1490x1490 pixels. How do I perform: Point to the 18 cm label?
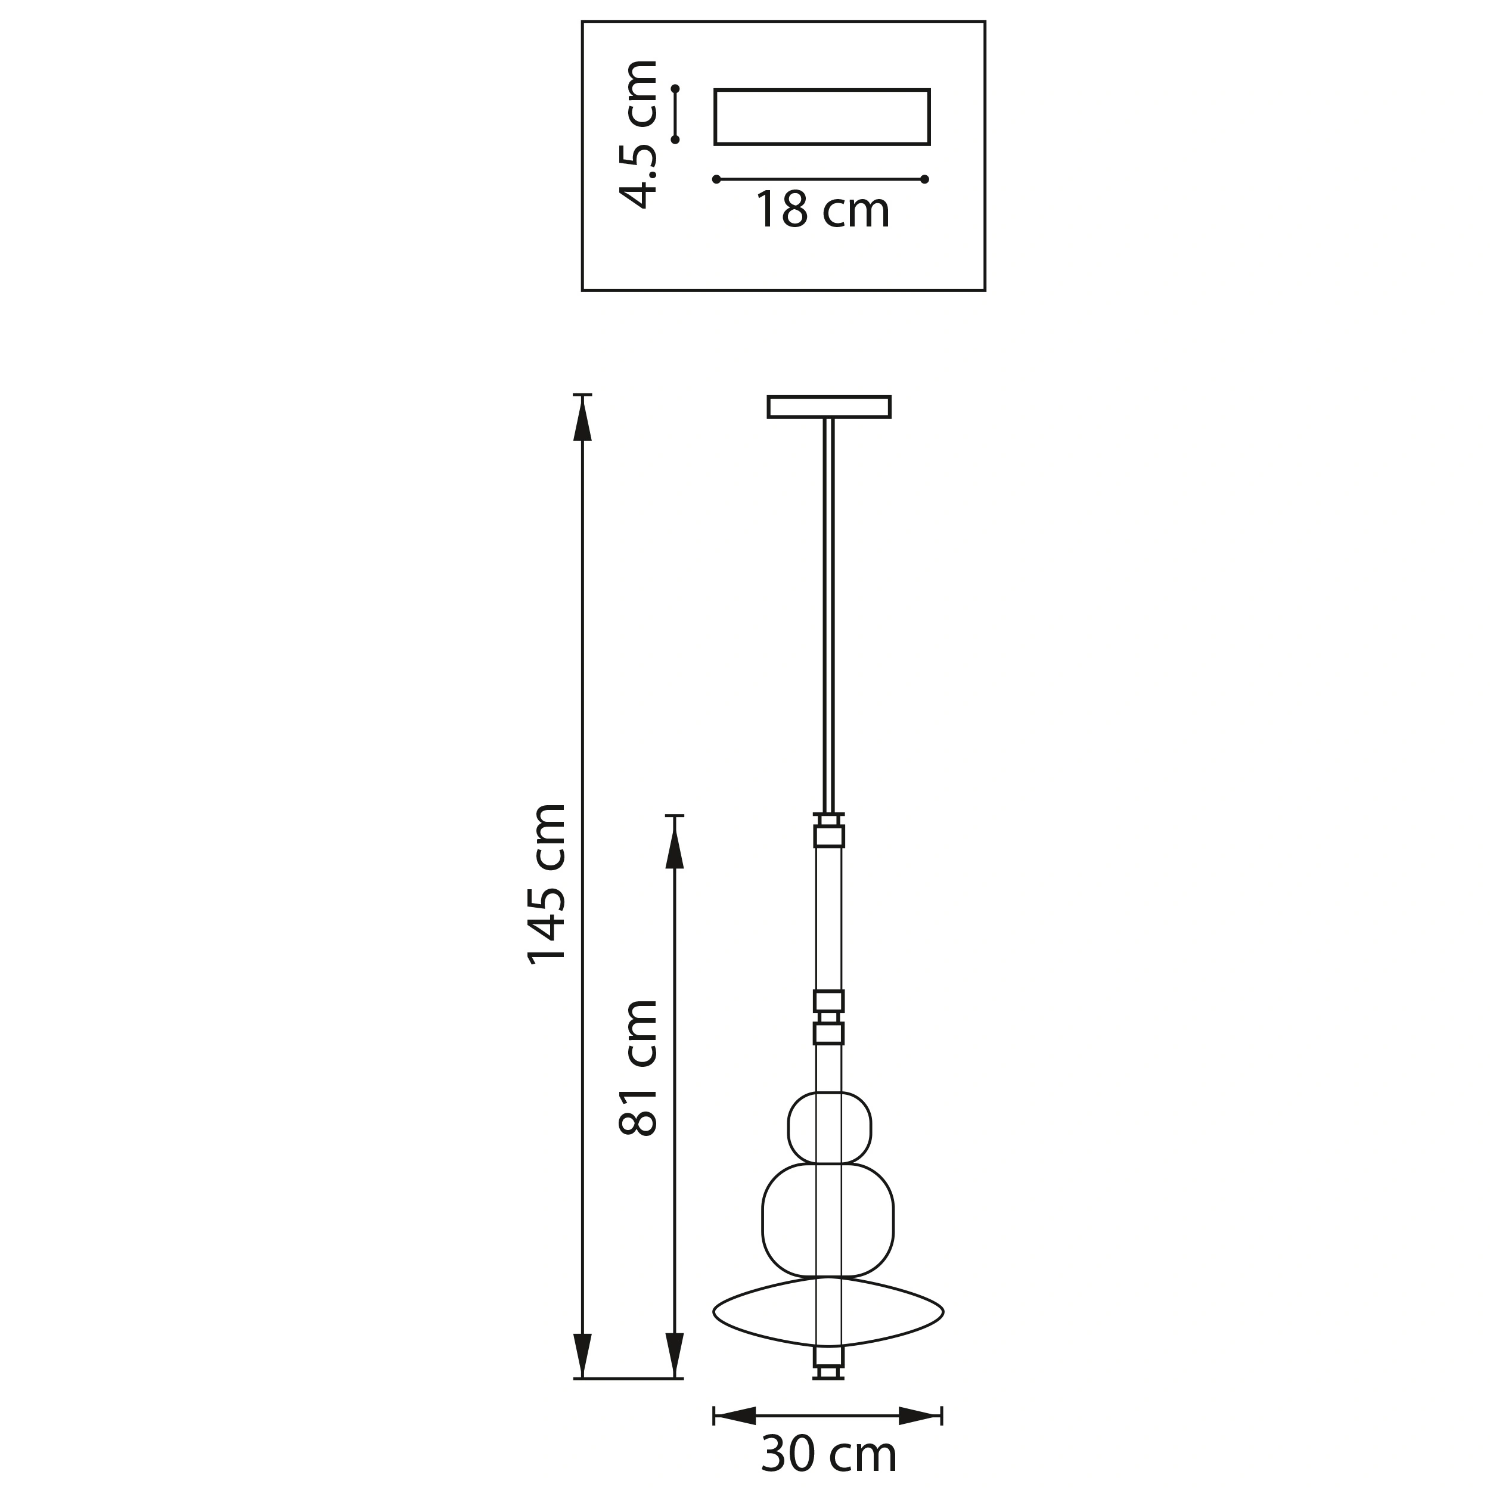pos(822,210)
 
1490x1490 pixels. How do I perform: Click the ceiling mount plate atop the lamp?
pos(829,407)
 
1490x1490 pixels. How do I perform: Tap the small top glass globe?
pos(829,1128)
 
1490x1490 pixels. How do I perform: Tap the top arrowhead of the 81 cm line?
pos(675,842)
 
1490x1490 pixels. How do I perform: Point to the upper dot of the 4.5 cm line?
pos(676,89)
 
